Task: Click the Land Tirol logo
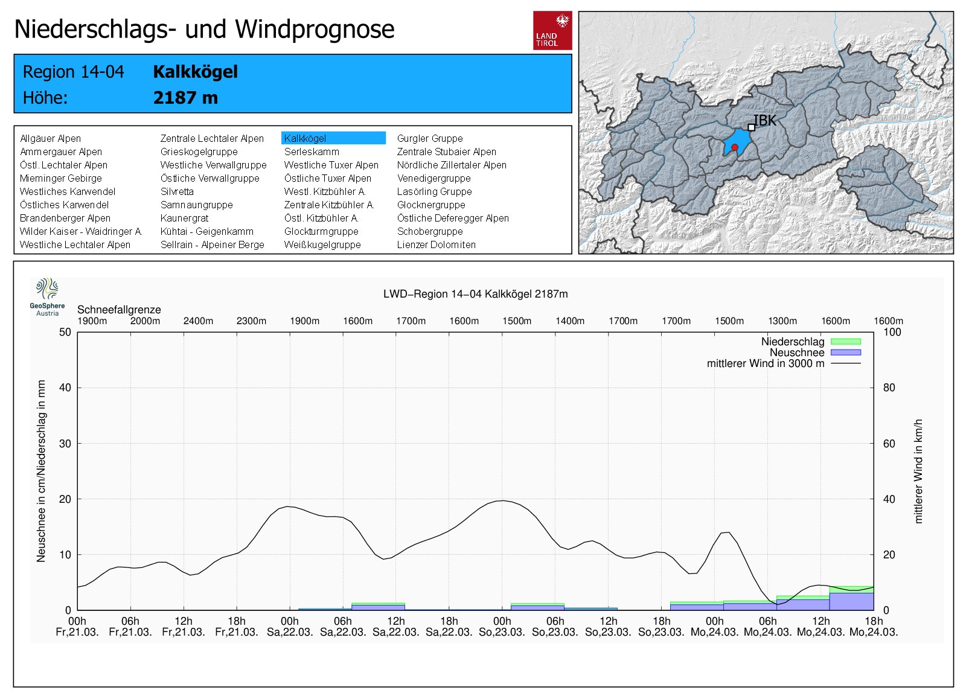552,30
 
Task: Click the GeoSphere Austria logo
47,296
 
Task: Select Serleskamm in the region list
312,152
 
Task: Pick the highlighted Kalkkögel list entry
333,138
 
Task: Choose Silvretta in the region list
177,191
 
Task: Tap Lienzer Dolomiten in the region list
436,244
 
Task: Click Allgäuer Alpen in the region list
50,138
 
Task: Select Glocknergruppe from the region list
431,205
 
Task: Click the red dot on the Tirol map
735,147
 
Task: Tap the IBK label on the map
765,121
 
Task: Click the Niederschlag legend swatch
846,342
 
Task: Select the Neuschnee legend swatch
846,353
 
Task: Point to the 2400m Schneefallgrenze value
198,321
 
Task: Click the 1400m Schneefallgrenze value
570,321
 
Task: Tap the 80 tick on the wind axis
889,388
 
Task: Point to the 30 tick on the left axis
65,444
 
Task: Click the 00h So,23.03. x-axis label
502,627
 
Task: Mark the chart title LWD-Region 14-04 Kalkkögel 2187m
475,294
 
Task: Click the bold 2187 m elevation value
185,98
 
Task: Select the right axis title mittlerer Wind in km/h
918,471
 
